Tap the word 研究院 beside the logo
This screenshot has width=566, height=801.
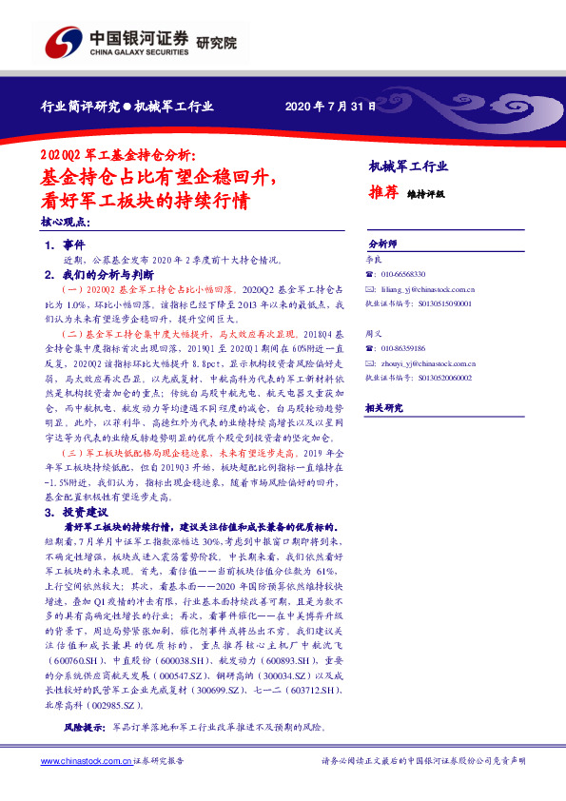click(216, 43)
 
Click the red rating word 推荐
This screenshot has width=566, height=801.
click(382, 191)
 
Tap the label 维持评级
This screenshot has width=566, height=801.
click(425, 193)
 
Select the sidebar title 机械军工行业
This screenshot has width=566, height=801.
click(407, 166)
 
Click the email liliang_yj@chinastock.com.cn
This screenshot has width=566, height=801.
click(428, 287)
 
